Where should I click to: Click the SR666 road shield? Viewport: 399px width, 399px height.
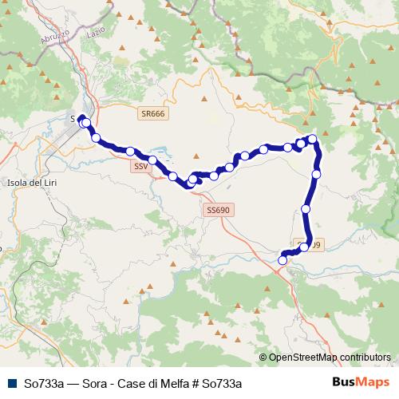click(152, 114)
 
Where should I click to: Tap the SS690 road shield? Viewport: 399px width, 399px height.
click(217, 210)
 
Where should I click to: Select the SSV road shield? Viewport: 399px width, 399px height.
click(140, 167)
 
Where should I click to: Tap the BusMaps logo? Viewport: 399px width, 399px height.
click(360, 383)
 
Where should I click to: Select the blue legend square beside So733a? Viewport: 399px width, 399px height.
click(12, 383)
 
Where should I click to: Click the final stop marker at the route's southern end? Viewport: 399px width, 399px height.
click(282, 260)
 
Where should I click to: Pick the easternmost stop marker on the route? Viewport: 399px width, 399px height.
click(317, 173)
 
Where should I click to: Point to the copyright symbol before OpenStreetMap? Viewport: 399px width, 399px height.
click(263, 358)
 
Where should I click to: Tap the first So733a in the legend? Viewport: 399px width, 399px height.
click(44, 384)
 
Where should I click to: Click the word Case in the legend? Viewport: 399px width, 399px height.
click(133, 384)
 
